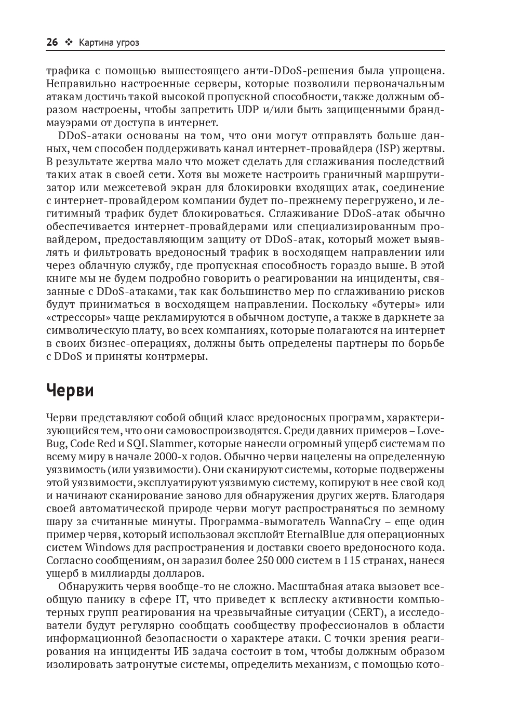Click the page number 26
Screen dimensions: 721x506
click(52, 43)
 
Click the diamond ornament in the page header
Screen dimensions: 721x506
click(69, 43)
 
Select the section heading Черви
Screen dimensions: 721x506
click(70, 390)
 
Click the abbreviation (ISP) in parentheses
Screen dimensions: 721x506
click(389, 149)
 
